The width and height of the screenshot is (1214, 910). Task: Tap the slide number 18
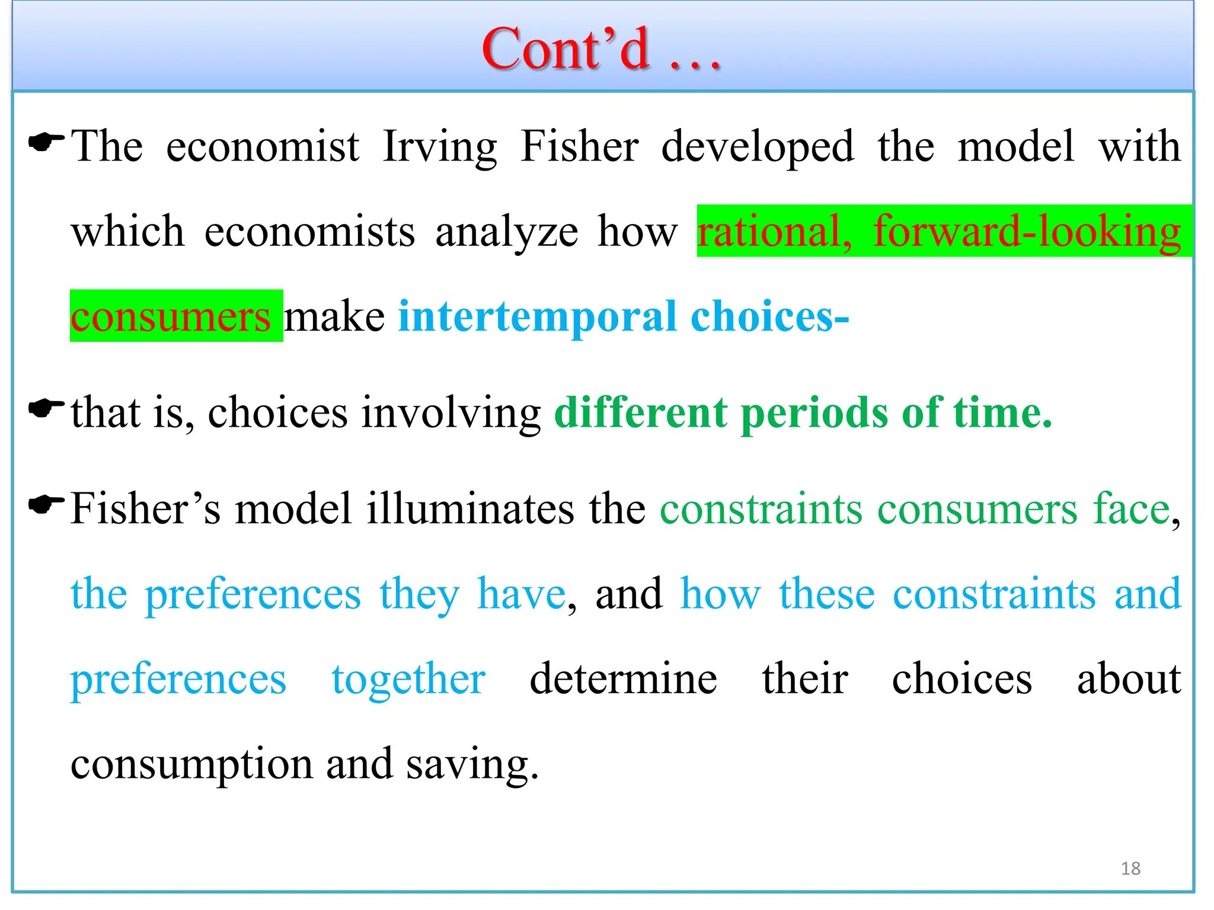click(x=1130, y=869)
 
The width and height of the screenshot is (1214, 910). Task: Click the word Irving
click(x=440, y=147)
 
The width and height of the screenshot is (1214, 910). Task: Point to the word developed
click(x=757, y=147)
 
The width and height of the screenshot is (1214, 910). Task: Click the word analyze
click(x=506, y=232)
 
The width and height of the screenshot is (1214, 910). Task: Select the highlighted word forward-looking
click(x=1027, y=231)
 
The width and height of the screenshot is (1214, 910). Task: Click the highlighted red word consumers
click(x=171, y=317)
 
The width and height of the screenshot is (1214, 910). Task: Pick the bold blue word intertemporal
click(x=537, y=317)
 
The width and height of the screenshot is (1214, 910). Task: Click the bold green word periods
click(x=814, y=412)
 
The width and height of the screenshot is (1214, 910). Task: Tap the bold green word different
click(x=641, y=412)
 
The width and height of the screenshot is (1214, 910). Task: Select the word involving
click(x=451, y=412)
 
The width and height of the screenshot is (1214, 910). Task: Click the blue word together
click(x=408, y=679)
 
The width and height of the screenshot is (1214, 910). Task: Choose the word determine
click(x=623, y=679)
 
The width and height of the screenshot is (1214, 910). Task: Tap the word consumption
click(x=191, y=764)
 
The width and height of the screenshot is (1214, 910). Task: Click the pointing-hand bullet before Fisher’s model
click(x=46, y=505)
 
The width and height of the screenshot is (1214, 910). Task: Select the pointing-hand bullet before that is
click(x=46, y=408)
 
